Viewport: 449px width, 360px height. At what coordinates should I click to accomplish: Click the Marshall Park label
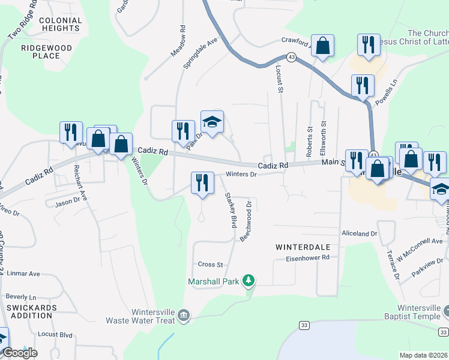213,281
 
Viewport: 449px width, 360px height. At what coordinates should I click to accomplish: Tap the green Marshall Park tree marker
248,280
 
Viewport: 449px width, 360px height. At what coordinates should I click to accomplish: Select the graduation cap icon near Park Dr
212,122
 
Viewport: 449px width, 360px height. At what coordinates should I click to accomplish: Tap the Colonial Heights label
59,24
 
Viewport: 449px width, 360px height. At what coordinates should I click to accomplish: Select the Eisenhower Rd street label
308,257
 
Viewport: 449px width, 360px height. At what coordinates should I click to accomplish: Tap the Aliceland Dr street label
358,233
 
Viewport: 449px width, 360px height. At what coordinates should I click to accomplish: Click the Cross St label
210,264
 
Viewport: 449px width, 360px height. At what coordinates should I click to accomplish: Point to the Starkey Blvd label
231,209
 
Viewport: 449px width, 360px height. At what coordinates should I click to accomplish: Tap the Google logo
20,353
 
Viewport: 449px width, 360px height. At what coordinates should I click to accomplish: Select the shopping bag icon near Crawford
322,46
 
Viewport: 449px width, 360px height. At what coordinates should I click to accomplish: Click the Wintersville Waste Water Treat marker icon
184,314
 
